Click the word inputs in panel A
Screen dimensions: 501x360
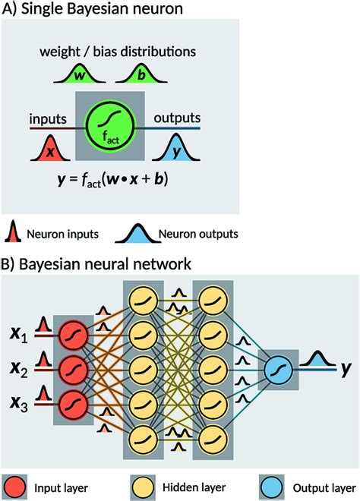pyautogui.click(x=49, y=118)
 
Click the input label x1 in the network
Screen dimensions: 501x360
pyautogui.click(x=19, y=335)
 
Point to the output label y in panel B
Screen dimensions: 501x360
pyautogui.click(x=346, y=370)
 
